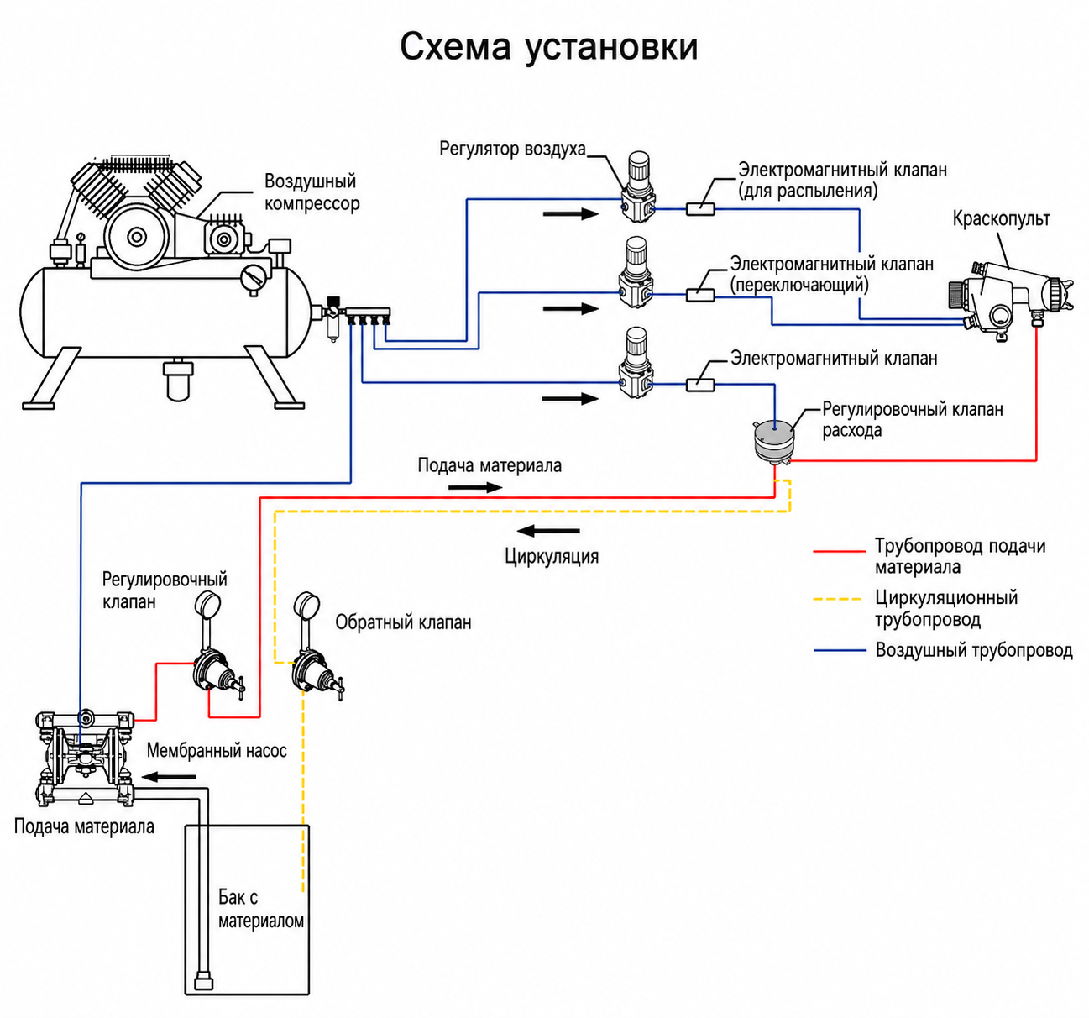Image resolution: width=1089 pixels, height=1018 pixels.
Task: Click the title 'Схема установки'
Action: click(x=549, y=48)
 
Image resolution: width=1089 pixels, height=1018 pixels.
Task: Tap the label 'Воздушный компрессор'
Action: click(x=312, y=192)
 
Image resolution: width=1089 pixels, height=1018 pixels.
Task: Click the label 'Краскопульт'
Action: click(x=1002, y=218)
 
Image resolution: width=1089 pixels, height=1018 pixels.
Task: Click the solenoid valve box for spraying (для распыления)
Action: click(x=700, y=209)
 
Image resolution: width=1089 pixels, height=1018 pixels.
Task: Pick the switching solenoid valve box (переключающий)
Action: click(x=700, y=295)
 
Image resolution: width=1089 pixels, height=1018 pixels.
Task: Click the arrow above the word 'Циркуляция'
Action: click(x=548, y=531)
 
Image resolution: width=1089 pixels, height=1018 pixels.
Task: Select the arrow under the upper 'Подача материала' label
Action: click(x=475, y=487)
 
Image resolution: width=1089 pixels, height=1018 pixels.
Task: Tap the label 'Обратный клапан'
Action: click(x=403, y=622)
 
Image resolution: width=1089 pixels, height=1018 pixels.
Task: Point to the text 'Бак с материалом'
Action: click(x=261, y=909)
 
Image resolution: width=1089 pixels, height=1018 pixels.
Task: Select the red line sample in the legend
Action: click(x=839, y=550)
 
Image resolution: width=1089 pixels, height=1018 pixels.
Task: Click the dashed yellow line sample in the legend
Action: click(x=838, y=599)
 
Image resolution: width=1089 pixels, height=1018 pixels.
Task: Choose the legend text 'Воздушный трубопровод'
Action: click(x=974, y=650)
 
